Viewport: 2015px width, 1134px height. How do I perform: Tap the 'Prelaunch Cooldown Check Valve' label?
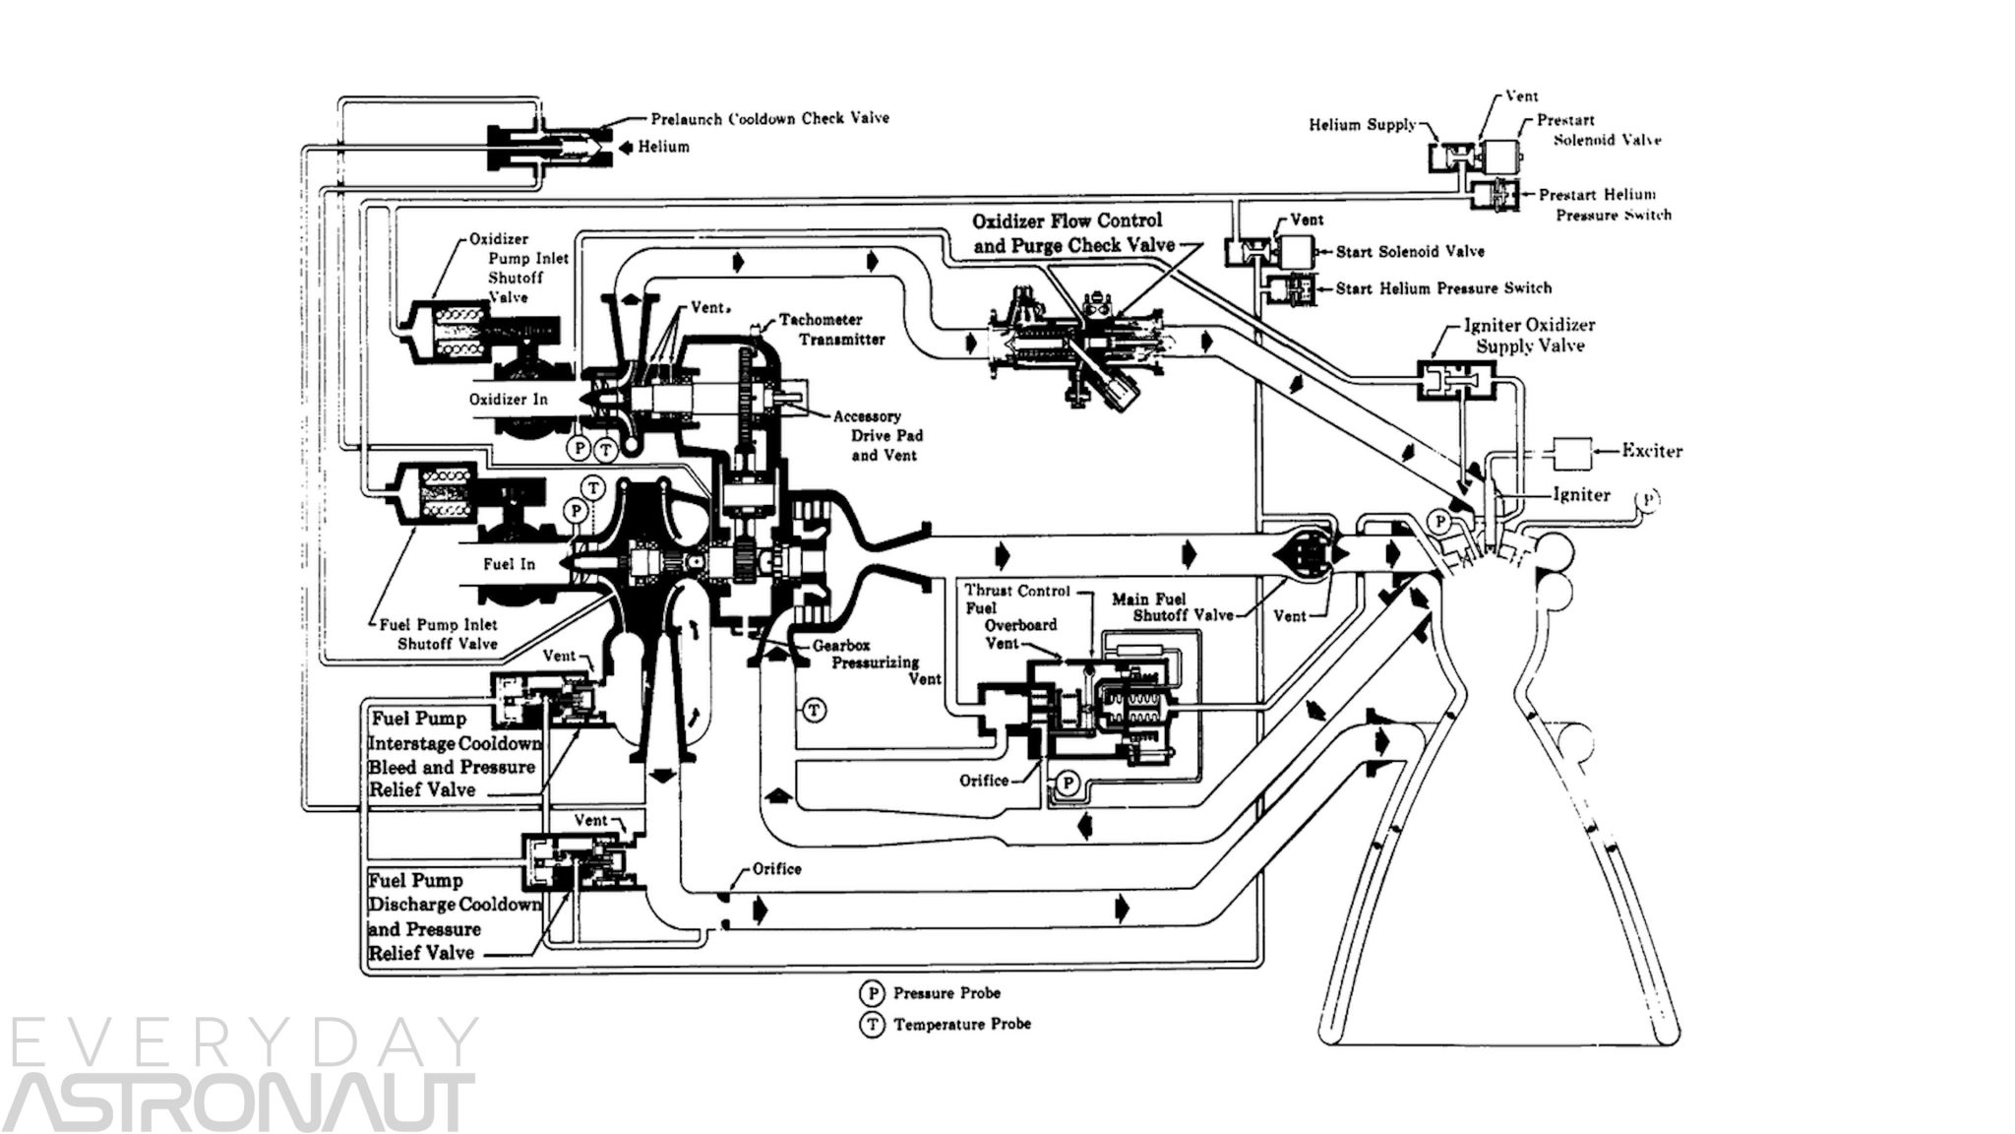769,118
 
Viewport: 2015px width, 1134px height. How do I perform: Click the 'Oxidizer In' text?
508,399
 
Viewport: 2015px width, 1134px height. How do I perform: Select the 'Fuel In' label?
509,564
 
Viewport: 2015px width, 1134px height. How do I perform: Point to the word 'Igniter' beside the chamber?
1581,494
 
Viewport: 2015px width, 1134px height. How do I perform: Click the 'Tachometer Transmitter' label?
831,330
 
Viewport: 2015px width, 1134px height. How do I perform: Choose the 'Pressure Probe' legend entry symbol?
872,992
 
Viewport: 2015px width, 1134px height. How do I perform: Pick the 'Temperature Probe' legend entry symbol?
872,1025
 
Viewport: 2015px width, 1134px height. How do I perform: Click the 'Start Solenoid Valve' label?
1409,252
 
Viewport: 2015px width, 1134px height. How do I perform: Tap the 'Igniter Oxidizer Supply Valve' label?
1529,335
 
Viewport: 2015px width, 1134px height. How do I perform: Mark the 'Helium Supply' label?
1362,125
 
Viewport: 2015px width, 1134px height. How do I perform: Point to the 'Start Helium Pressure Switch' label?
1442,288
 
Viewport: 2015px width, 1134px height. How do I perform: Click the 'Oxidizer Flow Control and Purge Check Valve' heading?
1068,233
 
